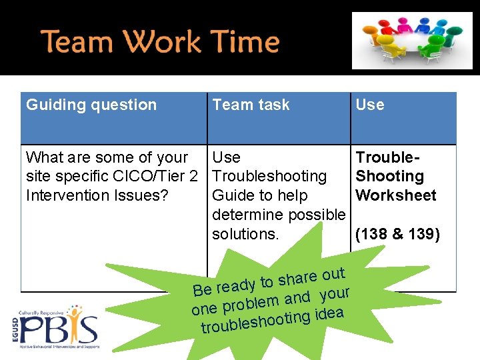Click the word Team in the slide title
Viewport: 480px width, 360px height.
coord(75,41)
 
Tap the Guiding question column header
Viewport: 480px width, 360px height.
coord(91,105)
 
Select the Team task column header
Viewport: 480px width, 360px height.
coord(251,105)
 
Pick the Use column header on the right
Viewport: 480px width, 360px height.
coord(369,105)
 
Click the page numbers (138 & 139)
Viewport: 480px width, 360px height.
coord(397,234)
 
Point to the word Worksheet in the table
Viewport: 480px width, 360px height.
coord(396,195)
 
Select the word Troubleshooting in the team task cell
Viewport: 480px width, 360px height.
coord(269,177)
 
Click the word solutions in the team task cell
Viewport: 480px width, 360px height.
coord(245,234)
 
